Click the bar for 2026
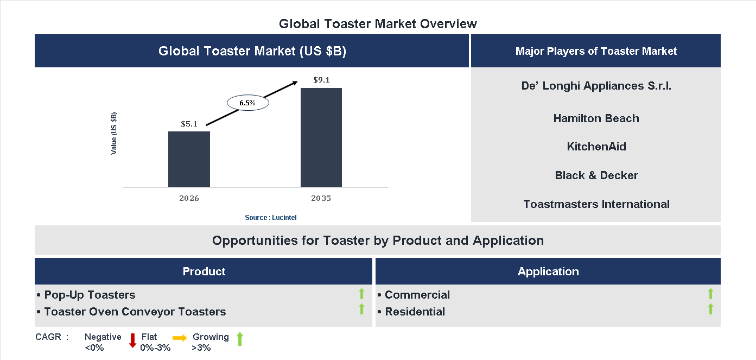[x=189, y=159]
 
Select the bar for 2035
[x=321, y=137]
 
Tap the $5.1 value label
[x=189, y=124]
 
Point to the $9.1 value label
[x=321, y=80]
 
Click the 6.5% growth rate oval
[x=247, y=102]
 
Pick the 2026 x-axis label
[x=189, y=198]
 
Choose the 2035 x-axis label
[x=321, y=198]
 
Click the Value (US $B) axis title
[x=114, y=133]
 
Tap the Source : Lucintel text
[x=270, y=217]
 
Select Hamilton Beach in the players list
[x=596, y=118]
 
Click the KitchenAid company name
[x=596, y=147]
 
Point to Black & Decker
[x=596, y=175]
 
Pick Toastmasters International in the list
[x=596, y=204]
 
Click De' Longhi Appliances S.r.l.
[x=596, y=86]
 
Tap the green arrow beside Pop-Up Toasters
[x=361, y=294]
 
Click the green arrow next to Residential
[x=710, y=310]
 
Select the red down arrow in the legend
[x=132, y=340]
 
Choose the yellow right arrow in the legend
[x=180, y=338]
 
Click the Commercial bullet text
[x=417, y=295]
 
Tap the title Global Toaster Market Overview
[x=378, y=24]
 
